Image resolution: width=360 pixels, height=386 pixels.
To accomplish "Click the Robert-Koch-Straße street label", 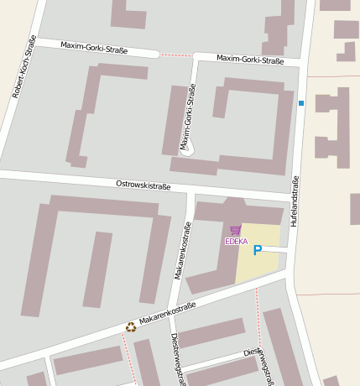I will click(x=24, y=67).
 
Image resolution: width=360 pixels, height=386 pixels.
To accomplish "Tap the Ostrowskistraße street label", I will click(x=143, y=185).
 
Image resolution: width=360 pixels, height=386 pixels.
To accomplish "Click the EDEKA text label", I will click(x=237, y=242).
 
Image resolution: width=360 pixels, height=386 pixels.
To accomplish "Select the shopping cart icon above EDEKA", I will click(x=235, y=230).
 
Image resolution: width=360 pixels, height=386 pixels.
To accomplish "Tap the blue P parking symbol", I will click(x=258, y=249).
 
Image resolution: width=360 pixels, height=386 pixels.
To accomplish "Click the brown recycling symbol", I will click(x=130, y=327).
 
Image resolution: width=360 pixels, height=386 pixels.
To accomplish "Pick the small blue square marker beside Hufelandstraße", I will click(x=301, y=103).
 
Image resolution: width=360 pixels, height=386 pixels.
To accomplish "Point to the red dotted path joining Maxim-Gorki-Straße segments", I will click(x=176, y=55).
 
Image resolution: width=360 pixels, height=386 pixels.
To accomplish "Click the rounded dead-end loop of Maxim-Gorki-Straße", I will click(x=187, y=149).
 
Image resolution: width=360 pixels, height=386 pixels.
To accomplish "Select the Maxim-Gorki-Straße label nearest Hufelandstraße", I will click(x=250, y=60).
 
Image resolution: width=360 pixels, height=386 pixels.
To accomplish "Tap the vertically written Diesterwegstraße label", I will click(x=178, y=357).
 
